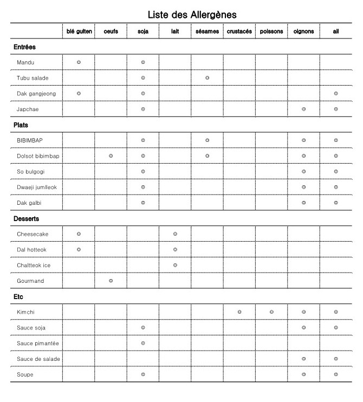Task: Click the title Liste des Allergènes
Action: (x=192, y=14)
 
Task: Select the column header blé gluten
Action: (x=79, y=31)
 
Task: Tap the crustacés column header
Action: (x=239, y=31)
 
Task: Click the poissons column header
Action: (x=271, y=31)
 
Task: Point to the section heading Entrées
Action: (x=25, y=47)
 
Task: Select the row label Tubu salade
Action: (x=33, y=78)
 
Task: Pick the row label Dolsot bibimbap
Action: (x=38, y=156)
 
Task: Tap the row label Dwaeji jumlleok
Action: (x=37, y=187)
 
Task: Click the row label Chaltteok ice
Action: (x=34, y=265)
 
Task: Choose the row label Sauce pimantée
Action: (x=37, y=343)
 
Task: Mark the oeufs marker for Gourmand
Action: (x=111, y=281)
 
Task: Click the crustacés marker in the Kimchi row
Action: (x=239, y=312)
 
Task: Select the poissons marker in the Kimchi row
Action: (x=271, y=312)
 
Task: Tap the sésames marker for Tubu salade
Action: (x=207, y=78)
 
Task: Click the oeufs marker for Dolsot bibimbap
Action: (x=111, y=156)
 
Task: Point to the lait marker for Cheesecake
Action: (x=175, y=234)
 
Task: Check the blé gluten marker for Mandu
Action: (x=79, y=62)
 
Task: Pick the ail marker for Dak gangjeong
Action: (x=336, y=94)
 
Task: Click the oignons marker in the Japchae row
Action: (x=303, y=109)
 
